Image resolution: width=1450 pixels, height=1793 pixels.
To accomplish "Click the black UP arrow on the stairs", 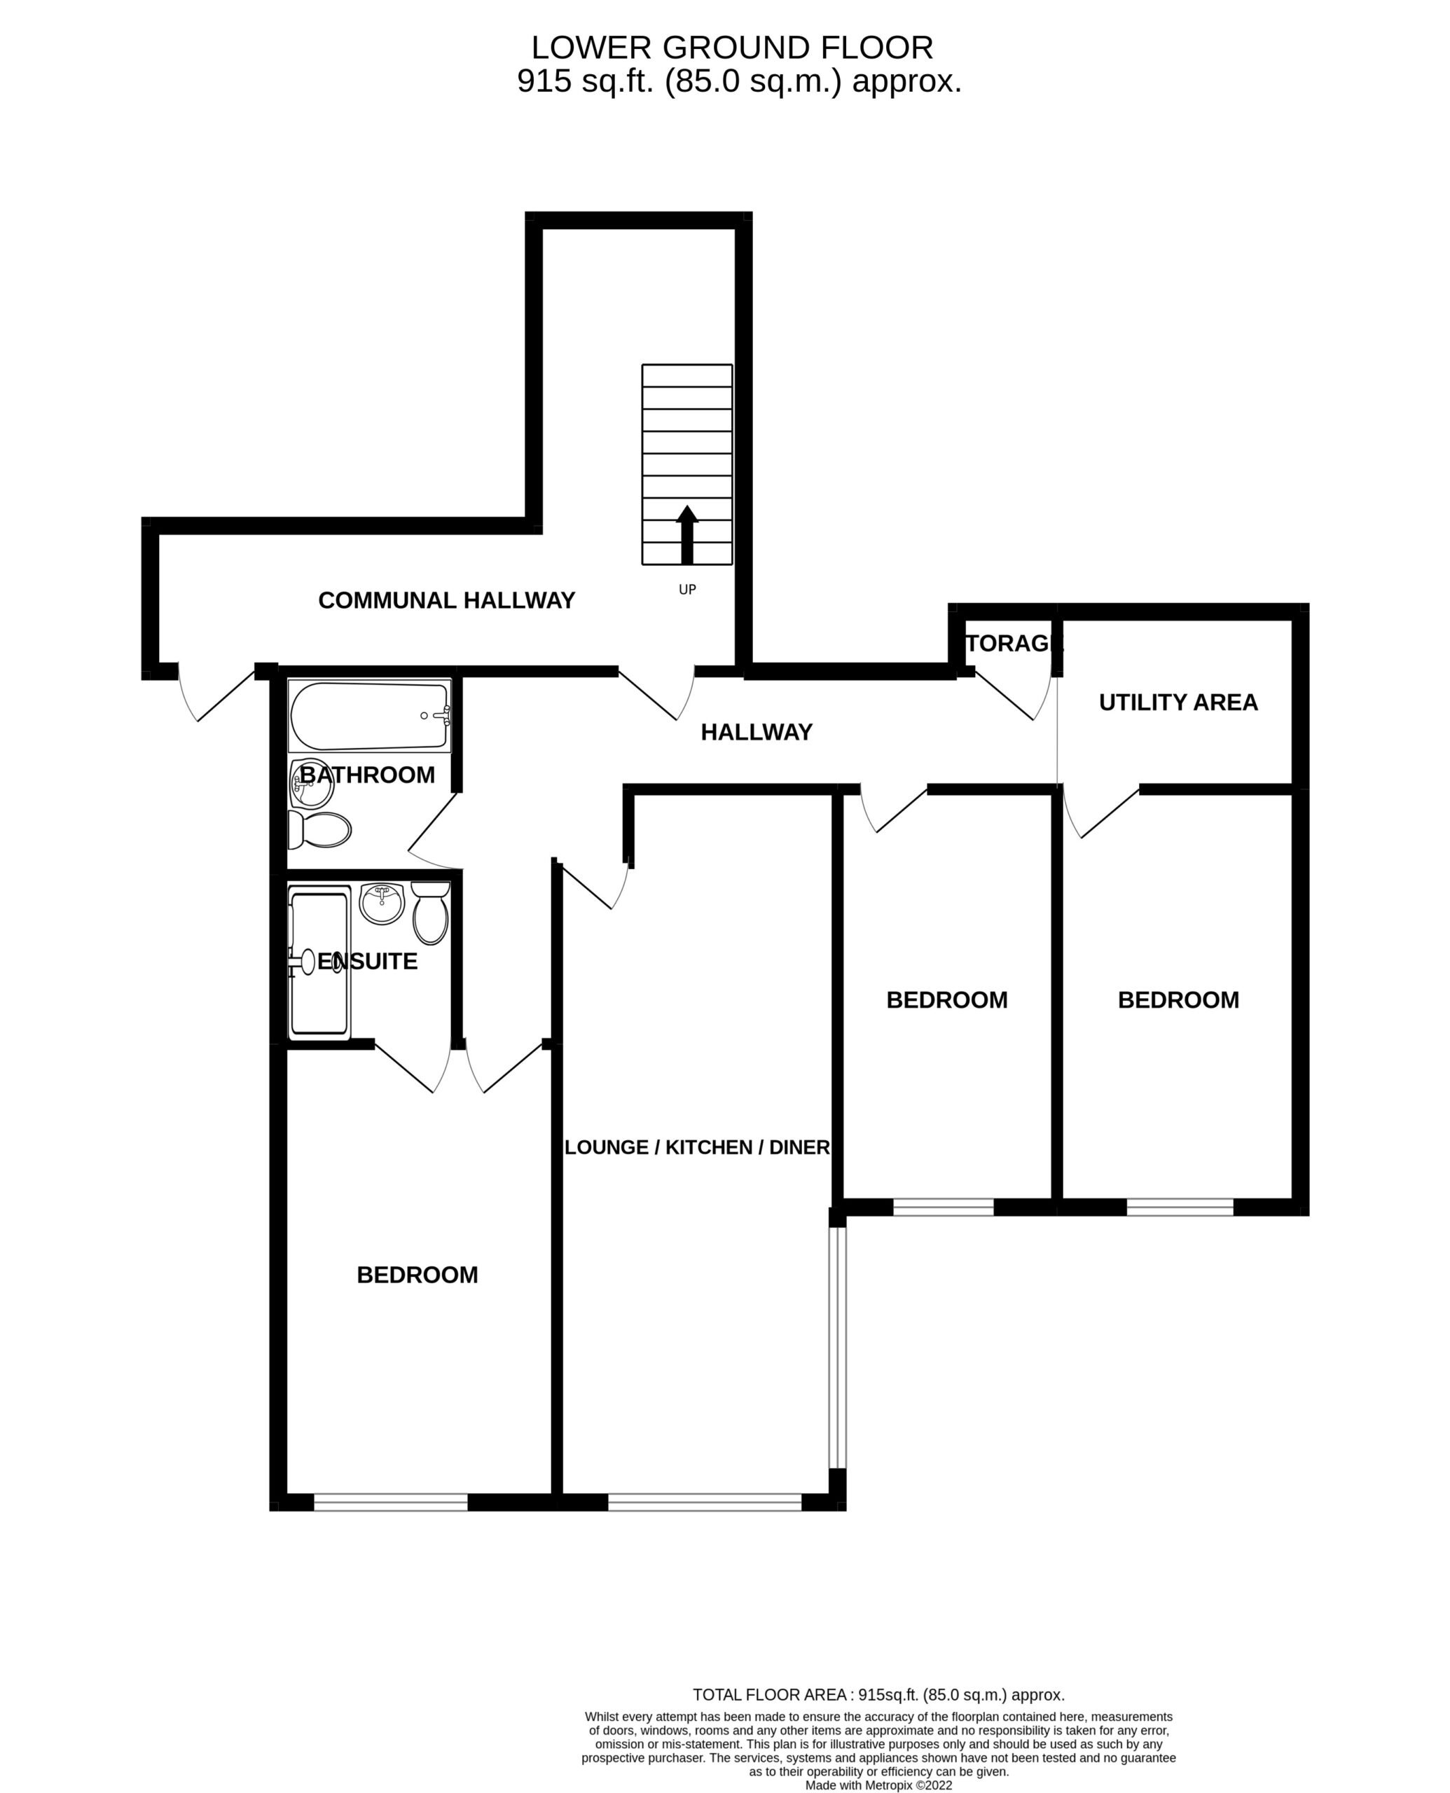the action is [x=686, y=534].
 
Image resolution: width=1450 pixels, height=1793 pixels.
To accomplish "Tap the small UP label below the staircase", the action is [x=686, y=590].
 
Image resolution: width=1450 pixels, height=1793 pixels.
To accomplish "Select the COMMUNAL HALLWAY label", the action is [x=446, y=600].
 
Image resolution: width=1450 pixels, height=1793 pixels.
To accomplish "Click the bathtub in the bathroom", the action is [x=369, y=716].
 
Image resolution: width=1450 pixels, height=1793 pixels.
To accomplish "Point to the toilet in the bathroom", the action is [x=319, y=829].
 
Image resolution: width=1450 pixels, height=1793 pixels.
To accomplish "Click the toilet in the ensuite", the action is [x=430, y=913].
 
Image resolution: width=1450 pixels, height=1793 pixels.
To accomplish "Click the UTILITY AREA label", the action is [x=1178, y=702].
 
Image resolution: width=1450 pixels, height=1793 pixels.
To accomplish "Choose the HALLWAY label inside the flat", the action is [x=756, y=733].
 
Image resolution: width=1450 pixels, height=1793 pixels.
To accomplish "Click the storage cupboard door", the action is [x=1013, y=696].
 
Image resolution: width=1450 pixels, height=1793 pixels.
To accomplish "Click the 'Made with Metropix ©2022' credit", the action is [x=878, y=1779].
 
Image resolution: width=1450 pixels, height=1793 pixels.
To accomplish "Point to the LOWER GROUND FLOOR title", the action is [x=732, y=48].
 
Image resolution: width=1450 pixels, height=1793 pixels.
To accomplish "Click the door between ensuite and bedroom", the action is [x=412, y=1067].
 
